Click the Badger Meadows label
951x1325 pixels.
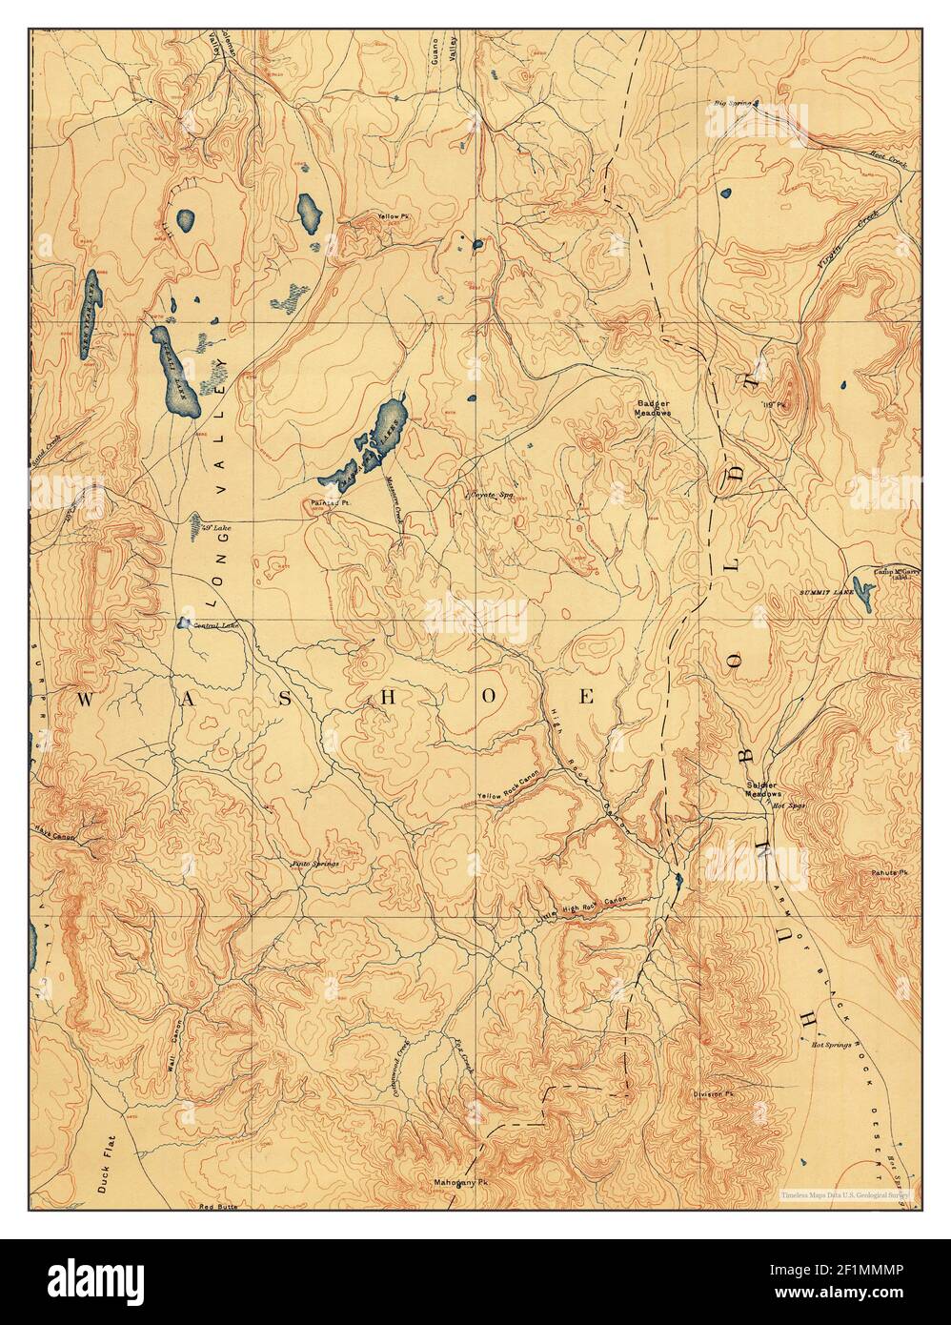[656, 409]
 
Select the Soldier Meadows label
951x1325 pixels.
[763, 789]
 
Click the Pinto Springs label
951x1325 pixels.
[314, 863]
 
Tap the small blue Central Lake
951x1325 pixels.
[182, 623]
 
